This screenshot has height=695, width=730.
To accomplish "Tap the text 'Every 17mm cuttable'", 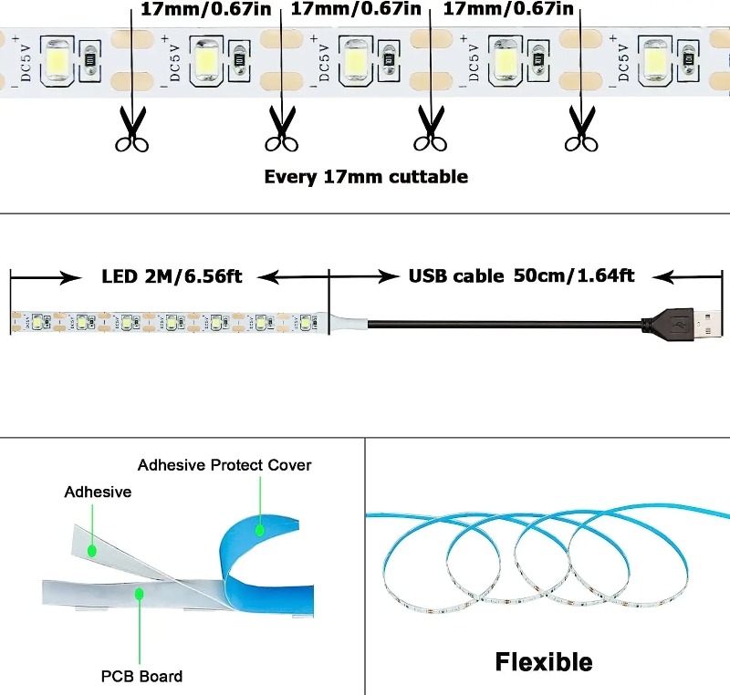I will (366, 177).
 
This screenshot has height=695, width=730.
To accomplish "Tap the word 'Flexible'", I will (544, 661).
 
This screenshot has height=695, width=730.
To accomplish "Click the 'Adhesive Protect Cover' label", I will (224, 465).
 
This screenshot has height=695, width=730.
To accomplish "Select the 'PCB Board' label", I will (141, 676).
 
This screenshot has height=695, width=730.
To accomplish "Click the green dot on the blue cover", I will (260, 528).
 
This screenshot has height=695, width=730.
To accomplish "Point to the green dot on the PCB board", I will (140, 594).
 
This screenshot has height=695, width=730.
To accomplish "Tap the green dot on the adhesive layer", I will (92, 550).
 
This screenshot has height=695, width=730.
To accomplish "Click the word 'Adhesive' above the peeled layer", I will (98, 493).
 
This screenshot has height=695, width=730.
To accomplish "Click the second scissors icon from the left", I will (281, 129).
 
